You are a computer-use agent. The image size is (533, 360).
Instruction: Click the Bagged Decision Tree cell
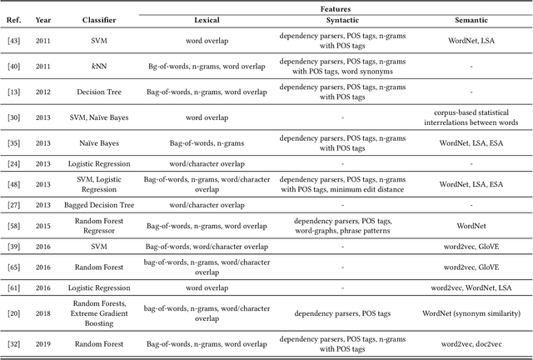pos(99,203)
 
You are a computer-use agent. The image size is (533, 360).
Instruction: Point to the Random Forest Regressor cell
pos(99,225)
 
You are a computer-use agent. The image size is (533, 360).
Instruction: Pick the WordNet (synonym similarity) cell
pos(471,312)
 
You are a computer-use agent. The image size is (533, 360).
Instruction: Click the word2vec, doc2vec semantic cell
pos(471,342)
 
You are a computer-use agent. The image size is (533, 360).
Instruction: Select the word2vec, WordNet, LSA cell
pos(471,287)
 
